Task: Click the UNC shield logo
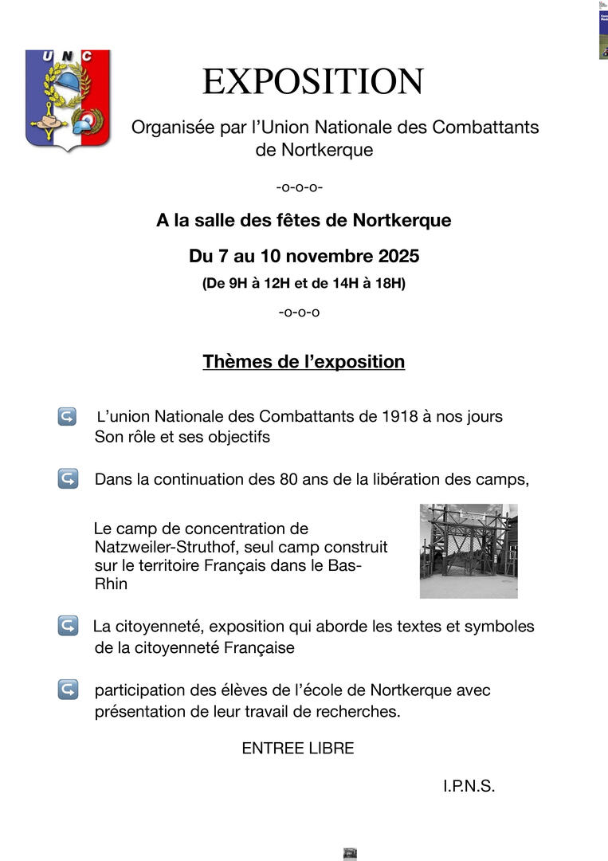coord(68,99)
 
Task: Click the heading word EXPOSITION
coord(312,81)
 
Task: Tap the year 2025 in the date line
coord(397,257)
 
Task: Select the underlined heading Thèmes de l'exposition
coord(304,361)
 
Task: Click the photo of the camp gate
coord(469,551)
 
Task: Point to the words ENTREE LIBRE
coord(298,749)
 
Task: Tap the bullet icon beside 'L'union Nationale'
coord(67,416)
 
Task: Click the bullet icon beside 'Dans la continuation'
coord(67,479)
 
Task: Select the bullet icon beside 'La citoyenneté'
coord(67,627)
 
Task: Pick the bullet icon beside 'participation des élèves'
coord(67,690)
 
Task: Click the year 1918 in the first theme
coord(399,416)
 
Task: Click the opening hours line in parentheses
coord(304,283)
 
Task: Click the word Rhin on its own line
coord(111,584)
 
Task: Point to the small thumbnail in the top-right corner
coord(603,30)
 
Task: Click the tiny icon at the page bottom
coord(350,854)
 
